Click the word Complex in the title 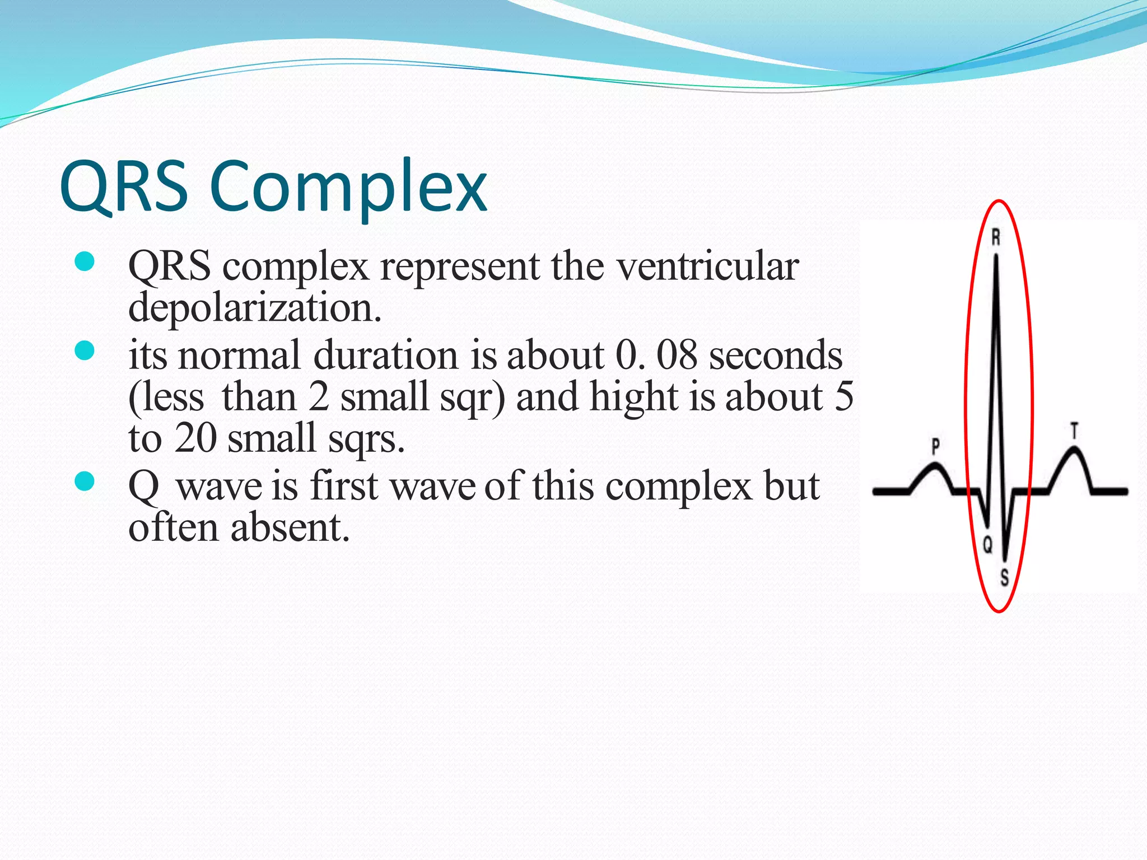click(x=348, y=187)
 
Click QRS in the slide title click(x=124, y=187)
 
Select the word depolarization click(x=255, y=308)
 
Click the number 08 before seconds click(x=677, y=355)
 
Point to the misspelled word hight click(x=634, y=396)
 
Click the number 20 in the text click(x=195, y=438)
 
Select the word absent click(x=290, y=527)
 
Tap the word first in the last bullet click(x=344, y=486)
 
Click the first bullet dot click(x=84, y=261)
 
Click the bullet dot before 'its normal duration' click(x=84, y=351)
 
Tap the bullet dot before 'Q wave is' click(x=84, y=481)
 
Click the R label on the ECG click(x=996, y=237)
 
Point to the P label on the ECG click(x=935, y=446)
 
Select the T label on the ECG click(x=1074, y=431)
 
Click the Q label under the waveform click(x=988, y=544)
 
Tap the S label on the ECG click(x=1005, y=577)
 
